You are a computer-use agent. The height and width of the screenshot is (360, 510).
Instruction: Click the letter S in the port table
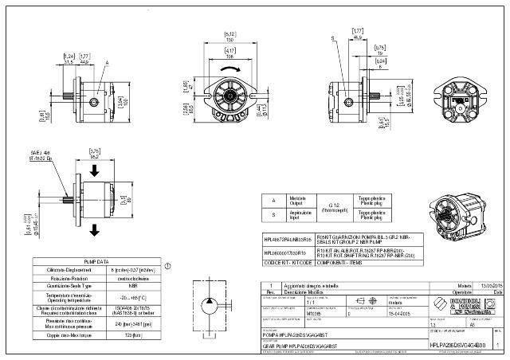pos(274,213)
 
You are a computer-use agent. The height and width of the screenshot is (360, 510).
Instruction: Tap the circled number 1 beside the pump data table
pos(167,265)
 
